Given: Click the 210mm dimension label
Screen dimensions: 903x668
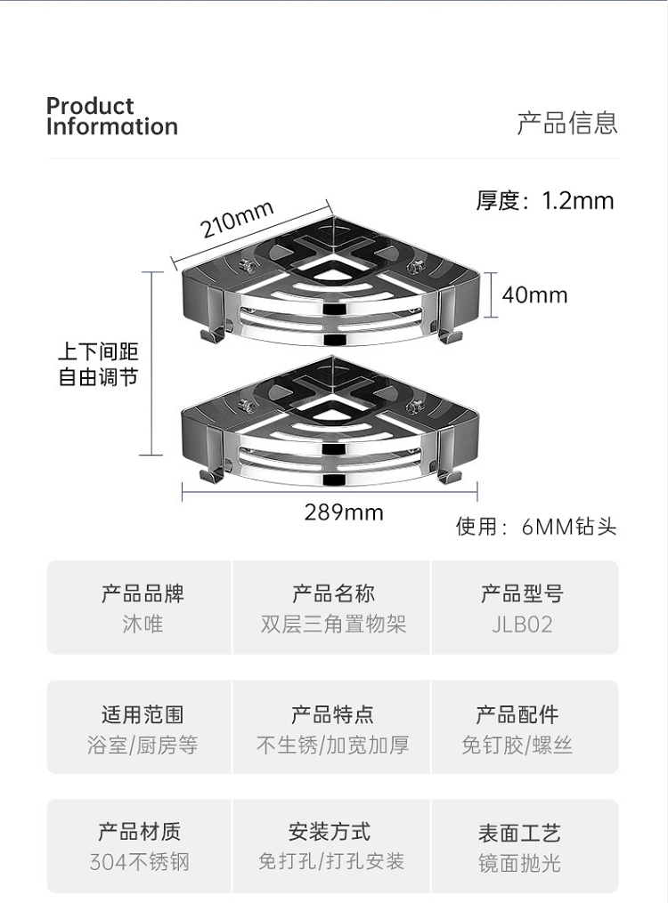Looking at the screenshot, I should [236, 219].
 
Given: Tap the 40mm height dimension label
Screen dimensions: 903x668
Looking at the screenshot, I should [534, 294].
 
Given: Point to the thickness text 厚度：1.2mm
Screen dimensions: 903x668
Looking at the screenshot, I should [545, 201].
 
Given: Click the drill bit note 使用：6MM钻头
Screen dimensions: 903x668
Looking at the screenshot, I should [536, 527].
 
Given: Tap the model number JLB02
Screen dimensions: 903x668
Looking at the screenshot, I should [522, 625].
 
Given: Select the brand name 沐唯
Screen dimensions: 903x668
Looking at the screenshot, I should [143, 625].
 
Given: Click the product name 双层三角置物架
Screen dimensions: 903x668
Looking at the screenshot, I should [333, 625].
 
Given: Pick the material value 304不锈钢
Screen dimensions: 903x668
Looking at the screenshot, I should [140, 862].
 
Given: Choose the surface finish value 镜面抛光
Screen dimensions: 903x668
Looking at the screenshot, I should [519, 862].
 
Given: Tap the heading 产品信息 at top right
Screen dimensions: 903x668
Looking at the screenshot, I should [567, 123].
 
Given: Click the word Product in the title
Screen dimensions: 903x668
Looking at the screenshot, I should [90, 106].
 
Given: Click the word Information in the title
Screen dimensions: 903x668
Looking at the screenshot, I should [112, 126].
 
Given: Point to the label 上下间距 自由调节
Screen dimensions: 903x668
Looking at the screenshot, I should [99, 366].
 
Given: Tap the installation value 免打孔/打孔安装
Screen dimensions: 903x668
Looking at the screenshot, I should [331, 861].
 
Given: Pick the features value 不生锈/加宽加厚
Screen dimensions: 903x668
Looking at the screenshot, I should [333, 745].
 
